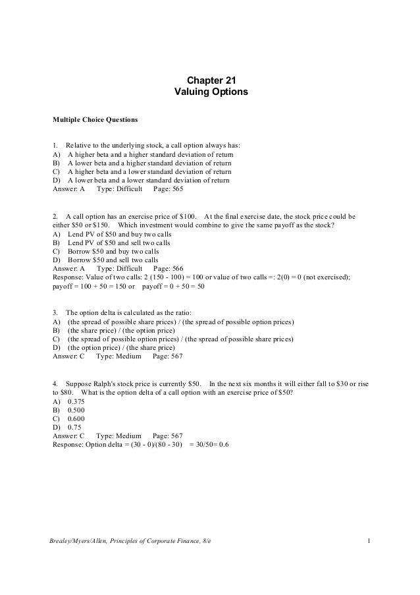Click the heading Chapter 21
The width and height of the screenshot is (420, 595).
pyautogui.click(x=211, y=80)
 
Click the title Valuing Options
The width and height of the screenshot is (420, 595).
pyautogui.click(x=211, y=92)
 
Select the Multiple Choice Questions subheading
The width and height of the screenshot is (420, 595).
pyautogui.click(x=95, y=120)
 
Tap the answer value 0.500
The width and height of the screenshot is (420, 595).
pyautogui.click(x=76, y=409)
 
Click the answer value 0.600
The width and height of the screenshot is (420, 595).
pyautogui.click(x=76, y=417)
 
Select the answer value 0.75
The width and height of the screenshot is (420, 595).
pyautogui.click(x=74, y=426)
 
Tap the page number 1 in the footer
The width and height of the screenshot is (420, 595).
pyautogui.click(x=370, y=541)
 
